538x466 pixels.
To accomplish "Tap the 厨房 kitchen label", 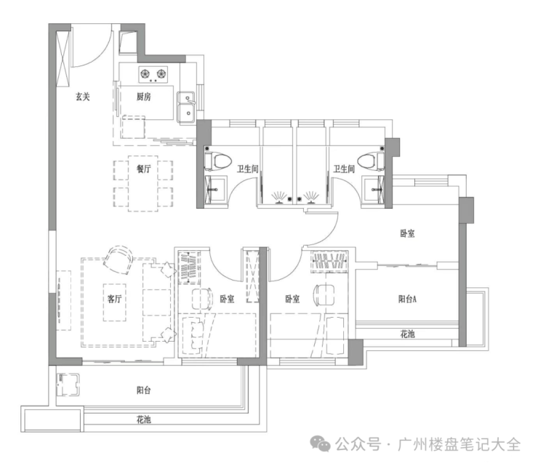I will tap(143, 97).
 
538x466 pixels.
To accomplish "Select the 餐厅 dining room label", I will tap(143, 169).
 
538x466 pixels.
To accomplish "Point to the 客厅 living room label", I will tap(114, 298).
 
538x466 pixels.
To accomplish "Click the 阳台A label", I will tap(407, 298).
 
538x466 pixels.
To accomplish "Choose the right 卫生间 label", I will tap(343, 169).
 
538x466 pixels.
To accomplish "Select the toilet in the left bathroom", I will tap(220, 159).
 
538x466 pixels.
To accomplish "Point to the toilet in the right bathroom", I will tap(371, 159).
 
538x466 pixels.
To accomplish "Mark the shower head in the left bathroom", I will tap(278, 196).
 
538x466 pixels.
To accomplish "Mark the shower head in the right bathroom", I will tap(311, 196).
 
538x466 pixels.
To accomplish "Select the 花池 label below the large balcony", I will tap(143, 419).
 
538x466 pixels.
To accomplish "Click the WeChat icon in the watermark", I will tap(320, 444).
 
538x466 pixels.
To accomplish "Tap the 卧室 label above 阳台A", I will tap(407, 234).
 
